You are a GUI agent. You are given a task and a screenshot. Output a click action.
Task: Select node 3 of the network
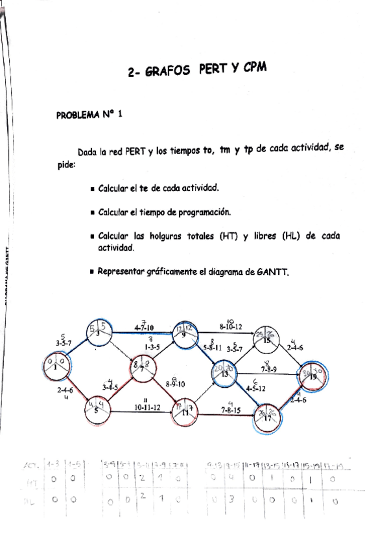click(x=98, y=332)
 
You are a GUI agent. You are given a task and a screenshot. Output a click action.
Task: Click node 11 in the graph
click(x=183, y=409)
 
